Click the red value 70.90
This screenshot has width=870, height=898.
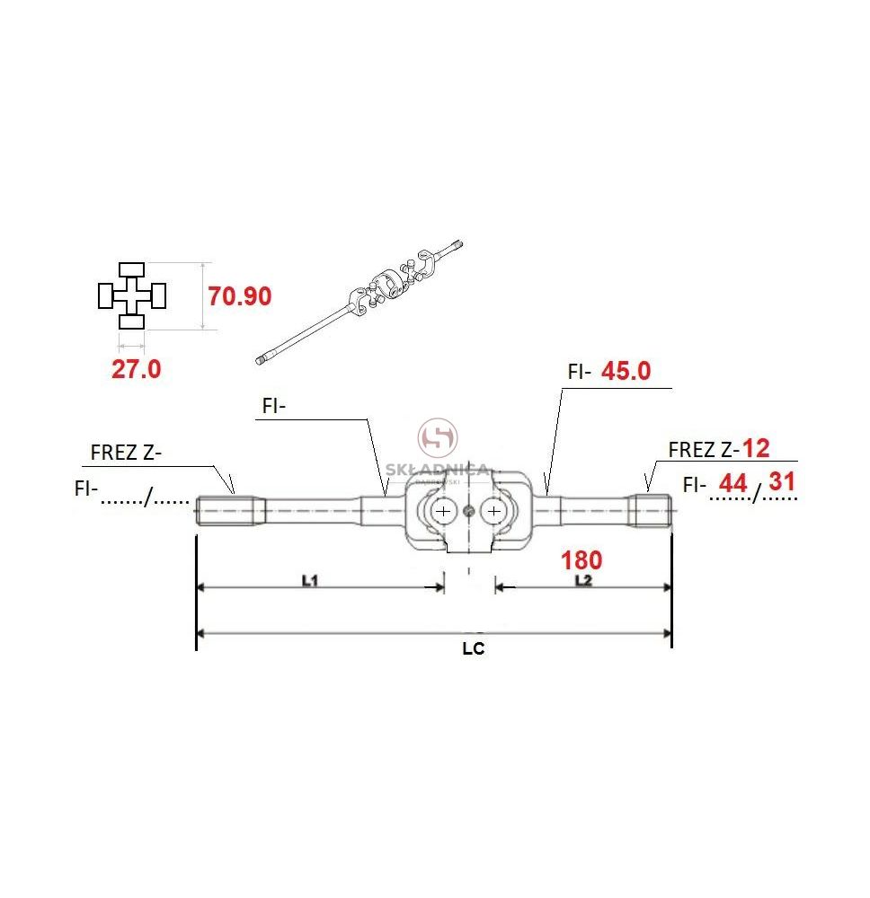coord(240,296)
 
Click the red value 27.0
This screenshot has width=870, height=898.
coord(137,369)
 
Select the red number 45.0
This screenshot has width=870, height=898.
coord(626,371)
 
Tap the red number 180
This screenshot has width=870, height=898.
coord(581,560)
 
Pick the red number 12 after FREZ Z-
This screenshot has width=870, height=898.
coord(756,448)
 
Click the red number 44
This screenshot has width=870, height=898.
coord(733,483)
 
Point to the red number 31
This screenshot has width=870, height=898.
coord(782,481)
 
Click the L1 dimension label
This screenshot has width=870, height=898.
coord(309,581)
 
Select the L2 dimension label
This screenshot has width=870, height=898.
coord(583,581)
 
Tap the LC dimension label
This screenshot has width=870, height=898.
coord(474,649)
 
